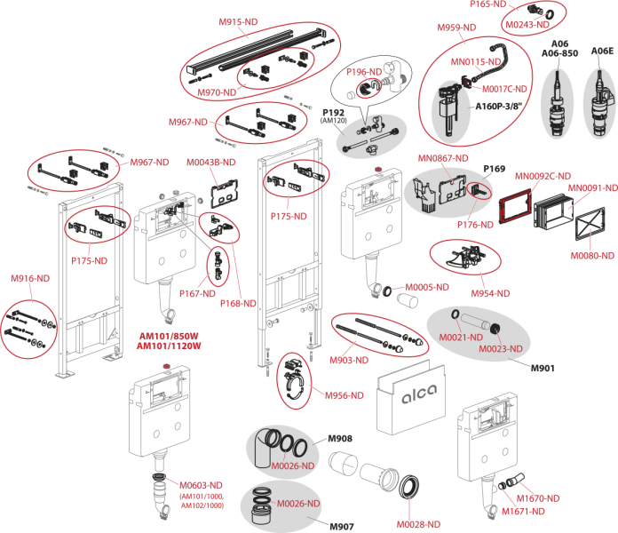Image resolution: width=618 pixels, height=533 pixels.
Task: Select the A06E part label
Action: (603, 52)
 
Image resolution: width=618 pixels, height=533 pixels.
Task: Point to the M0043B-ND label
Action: (211, 163)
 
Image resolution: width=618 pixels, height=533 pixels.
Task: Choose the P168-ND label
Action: (239, 303)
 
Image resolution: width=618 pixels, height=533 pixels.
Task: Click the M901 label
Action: (542, 367)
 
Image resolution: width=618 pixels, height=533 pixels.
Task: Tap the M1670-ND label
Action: (537, 498)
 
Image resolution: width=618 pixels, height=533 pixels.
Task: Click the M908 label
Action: (341, 438)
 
